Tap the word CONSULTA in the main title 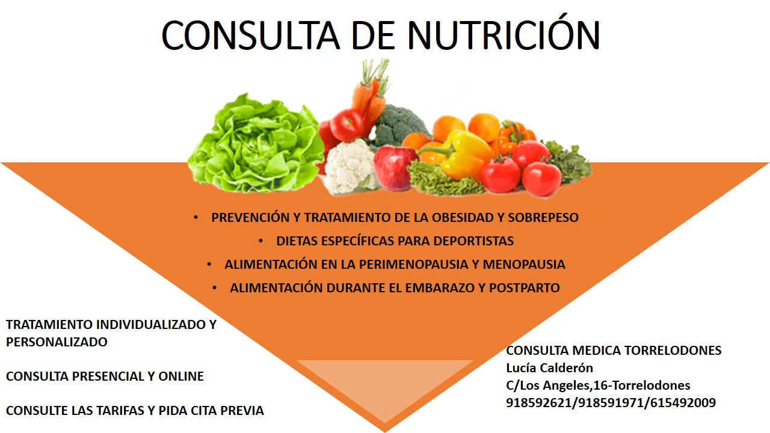pyautogui.click(x=251, y=35)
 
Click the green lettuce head pyautogui.click(x=256, y=144)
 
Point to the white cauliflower pyautogui.click(x=350, y=167)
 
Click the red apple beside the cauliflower pyautogui.click(x=395, y=168)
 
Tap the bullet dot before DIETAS pyautogui.click(x=261, y=241)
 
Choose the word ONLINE pyautogui.click(x=181, y=376)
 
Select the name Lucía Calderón pyautogui.click(x=550, y=368)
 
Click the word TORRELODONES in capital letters pyautogui.click(x=673, y=351)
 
